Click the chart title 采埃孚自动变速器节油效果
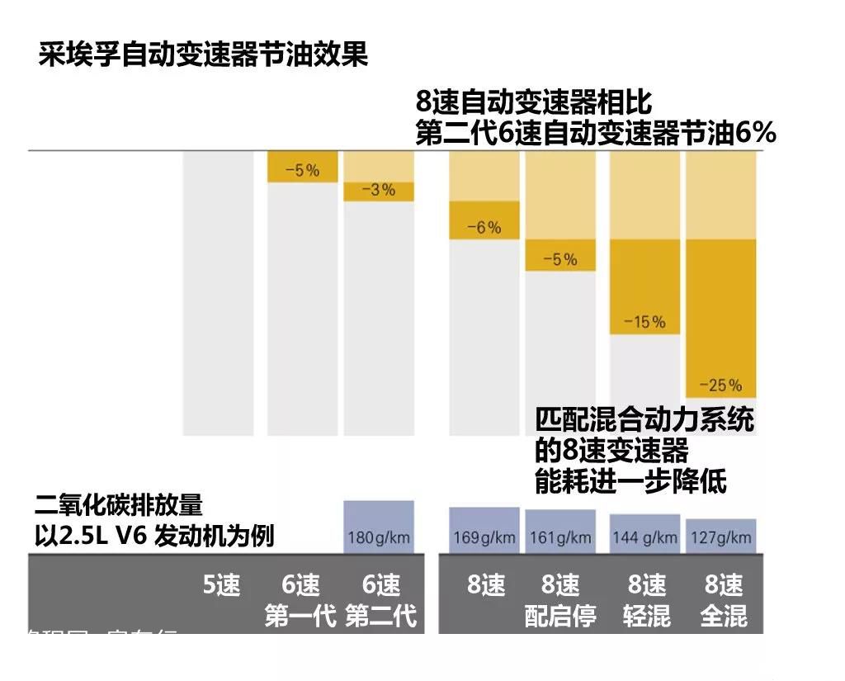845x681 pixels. pos(202,55)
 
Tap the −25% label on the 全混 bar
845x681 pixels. pos(720,385)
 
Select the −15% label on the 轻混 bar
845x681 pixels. pos(644,322)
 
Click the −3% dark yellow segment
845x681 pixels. pos(379,191)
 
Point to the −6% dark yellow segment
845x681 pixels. pos(484,220)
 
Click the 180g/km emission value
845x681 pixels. pos(379,538)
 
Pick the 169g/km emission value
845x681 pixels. pos(484,538)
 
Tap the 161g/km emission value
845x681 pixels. pos(560,538)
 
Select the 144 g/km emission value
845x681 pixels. pos(644,538)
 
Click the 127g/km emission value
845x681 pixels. pos(720,538)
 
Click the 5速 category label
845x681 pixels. pos(221,586)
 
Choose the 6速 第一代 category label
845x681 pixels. pos(300,601)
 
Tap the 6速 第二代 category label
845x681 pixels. pos(380,601)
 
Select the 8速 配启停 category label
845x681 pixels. pos(560,601)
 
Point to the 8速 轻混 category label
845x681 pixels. pos(646,601)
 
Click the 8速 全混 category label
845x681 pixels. pos(723,601)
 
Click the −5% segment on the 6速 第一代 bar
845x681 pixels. pos(302,170)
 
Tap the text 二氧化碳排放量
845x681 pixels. pos(119,504)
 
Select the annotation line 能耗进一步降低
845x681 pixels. pos(630,482)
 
